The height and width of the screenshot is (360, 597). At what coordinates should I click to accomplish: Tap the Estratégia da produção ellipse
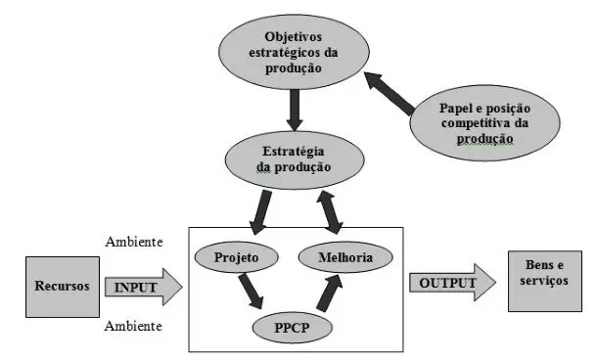coord(293,158)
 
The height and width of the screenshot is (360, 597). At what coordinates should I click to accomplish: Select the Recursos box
coord(60,288)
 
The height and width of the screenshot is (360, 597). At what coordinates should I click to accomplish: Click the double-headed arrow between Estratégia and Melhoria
coord(326,208)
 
